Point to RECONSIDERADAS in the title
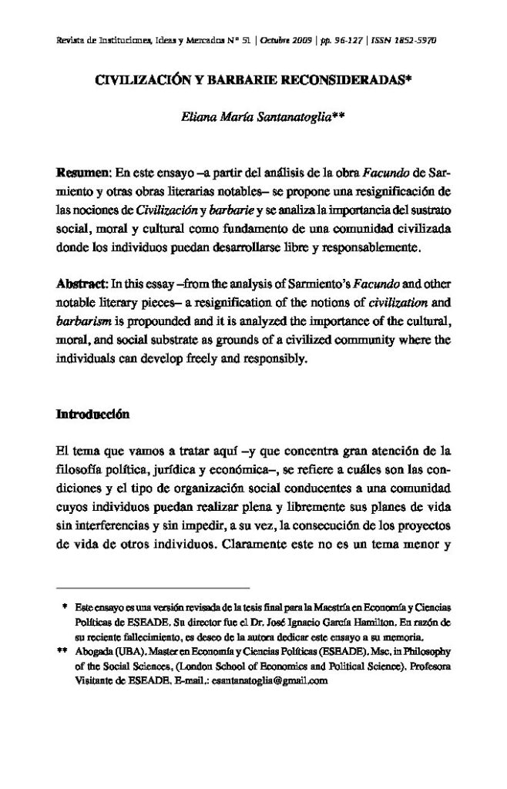click(297, 79)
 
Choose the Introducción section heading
click(92, 414)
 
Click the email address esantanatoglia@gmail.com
click(263, 681)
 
